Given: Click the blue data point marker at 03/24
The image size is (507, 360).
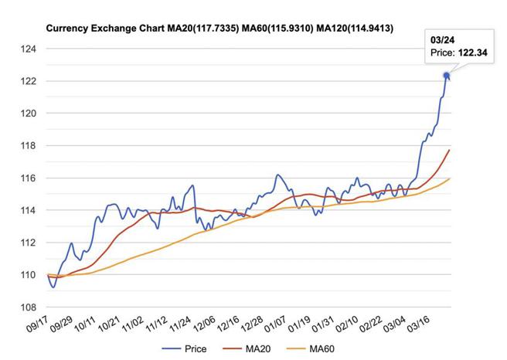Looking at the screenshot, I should point(446,76).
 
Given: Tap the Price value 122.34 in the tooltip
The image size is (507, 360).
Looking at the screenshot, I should point(464,53).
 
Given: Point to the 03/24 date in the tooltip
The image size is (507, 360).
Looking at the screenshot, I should point(443,39).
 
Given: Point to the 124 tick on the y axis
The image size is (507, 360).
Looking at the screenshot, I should point(30,49).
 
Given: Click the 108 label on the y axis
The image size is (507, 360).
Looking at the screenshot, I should point(30,307).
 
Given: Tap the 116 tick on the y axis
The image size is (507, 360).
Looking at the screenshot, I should point(30,178).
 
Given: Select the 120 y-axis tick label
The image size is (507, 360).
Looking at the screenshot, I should point(30,114).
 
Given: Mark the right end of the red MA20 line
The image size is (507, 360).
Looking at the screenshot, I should point(449,150).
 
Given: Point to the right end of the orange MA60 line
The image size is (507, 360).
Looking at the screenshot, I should point(449,178).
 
